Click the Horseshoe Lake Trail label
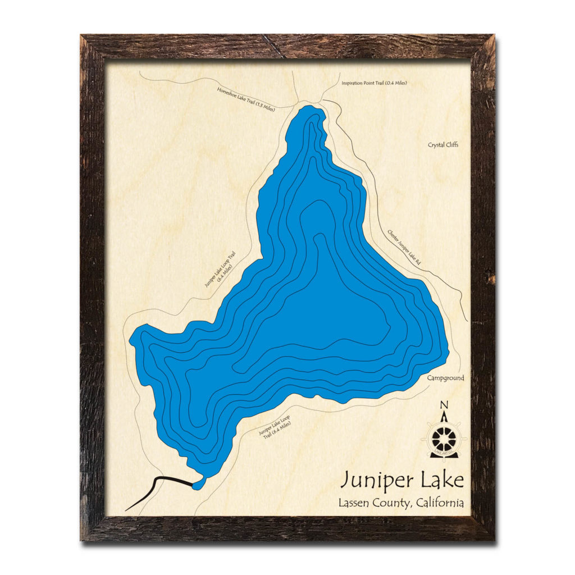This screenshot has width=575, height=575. pos(246,98)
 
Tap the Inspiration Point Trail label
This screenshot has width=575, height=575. pos(374,83)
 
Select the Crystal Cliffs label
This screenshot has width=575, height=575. pos(443,144)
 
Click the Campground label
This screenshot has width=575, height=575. pos(445,378)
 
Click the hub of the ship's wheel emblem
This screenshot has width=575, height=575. pos(444,436)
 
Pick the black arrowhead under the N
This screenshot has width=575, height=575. pos(444,417)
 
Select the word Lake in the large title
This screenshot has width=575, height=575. pos(440,481)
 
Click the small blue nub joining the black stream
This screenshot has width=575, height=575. pos(198,483)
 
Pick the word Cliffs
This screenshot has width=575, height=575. pos(451,144)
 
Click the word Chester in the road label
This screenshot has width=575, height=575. pos(394,235)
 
